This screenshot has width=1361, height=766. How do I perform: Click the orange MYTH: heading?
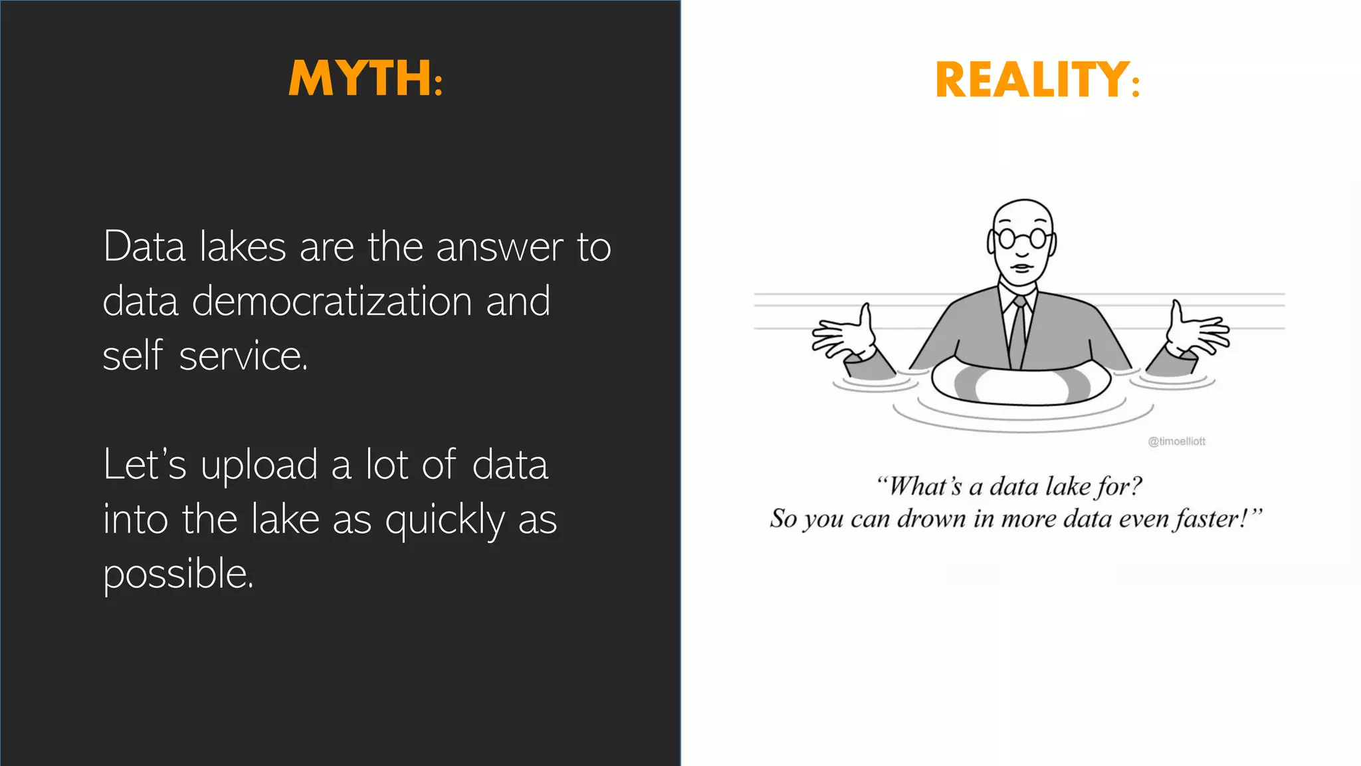[x=366, y=78]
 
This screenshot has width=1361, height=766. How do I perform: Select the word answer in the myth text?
[x=499, y=247]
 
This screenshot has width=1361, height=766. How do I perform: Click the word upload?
[x=259, y=465]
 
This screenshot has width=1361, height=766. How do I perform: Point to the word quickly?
[x=445, y=521]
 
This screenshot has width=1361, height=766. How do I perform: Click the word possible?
[x=177, y=574]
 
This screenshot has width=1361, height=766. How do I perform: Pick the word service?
[x=243, y=356]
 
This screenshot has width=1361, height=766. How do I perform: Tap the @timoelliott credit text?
[x=1176, y=442]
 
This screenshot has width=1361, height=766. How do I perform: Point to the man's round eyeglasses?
[x=1022, y=238]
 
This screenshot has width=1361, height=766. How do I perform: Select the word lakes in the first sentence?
[x=243, y=247]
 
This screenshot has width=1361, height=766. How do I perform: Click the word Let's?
[x=144, y=465]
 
